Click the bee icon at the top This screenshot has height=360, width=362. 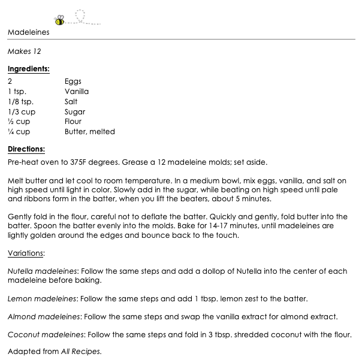coord(60,20)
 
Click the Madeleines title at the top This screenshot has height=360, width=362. coord(29,32)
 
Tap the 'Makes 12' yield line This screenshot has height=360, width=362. coord(24,52)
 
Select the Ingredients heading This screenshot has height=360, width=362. coord(28,69)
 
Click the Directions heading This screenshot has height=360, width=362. coord(26,150)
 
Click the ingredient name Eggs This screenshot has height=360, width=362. coord(73,81)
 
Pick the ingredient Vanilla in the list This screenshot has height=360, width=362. coord(77,92)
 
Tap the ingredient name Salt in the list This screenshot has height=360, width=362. coord(71,102)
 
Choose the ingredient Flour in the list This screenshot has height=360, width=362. coord(73,122)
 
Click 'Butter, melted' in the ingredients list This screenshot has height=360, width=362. coord(90,132)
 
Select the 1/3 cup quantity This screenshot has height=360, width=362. coord(22,112)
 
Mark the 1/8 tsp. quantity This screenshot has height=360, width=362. coord(21,102)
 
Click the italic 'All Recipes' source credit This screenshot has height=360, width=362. coord(81,352)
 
